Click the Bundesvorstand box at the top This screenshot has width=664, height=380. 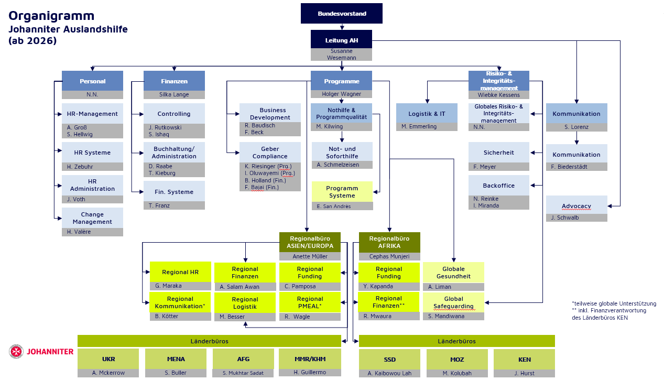click(x=341, y=14)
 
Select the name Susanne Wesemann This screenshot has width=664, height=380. click(x=341, y=55)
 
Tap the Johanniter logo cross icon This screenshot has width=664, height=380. click(x=16, y=352)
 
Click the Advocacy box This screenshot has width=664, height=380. click(x=576, y=206)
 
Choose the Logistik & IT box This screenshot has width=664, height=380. click(x=427, y=113)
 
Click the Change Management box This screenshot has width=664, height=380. click(x=92, y=218)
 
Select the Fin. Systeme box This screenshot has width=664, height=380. click(x=174, y=192)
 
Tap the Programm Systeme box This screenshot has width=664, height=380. click(x=342, y=192)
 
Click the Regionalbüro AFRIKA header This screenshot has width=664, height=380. click(x=389, y=242)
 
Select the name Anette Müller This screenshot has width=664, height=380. click(x=310, y=256)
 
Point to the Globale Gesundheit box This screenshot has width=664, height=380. click(x=453, y=273)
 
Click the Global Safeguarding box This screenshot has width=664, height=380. click(x=453, y=302)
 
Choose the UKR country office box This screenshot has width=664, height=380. click(x=108, y=359)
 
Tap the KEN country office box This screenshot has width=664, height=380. click(x=524, y=359)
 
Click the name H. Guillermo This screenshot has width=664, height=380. click(x=310, y=372)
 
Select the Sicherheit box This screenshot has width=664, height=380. click(x=498, y=153)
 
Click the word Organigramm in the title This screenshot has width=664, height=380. click(x=51, y=16)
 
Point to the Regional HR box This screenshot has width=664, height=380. click(x=180, y=272)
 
